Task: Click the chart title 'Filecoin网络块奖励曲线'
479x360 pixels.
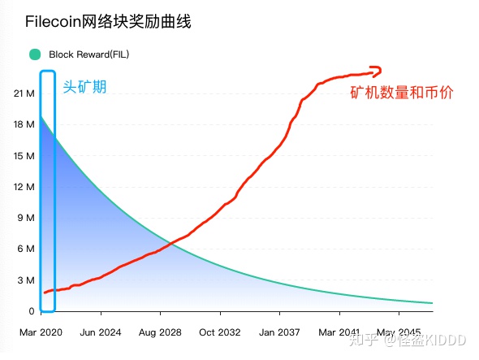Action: click(x=108, y=21)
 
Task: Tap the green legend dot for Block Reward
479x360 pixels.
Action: click(x=35, y=54)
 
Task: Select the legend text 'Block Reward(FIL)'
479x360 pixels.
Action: click(x=88, y=54)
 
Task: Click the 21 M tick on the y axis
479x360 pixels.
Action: click(x=24, y=93)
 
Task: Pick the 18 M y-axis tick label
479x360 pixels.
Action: click(x=24, y=124)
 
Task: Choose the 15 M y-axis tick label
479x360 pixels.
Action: click(x=24, y=155)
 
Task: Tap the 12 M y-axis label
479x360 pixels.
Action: click(x=24, y=187)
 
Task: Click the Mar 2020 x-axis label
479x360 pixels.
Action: click(x=41, y=332)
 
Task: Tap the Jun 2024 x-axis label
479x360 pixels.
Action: click(x=100, y=332)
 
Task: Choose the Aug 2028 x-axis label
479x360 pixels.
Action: click(x=159, y=332)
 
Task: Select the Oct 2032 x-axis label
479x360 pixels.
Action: click(x=219, y=332)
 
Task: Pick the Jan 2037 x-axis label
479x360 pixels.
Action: click(x=278, y=332)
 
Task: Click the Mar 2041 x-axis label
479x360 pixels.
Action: click(x=339, y=332)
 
